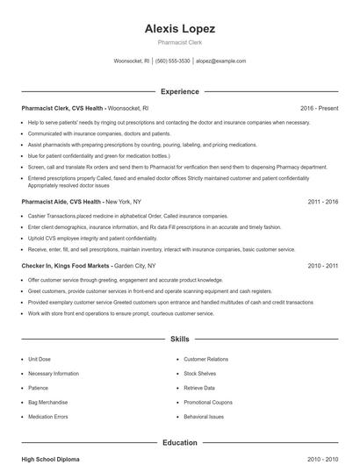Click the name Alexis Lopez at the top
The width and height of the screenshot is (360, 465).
(179, 29)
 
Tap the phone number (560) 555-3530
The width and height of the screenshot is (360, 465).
(173, 61)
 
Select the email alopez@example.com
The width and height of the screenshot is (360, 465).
(220, 61)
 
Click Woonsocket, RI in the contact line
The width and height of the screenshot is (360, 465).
(132, 61)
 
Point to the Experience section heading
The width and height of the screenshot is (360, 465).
(179, 91)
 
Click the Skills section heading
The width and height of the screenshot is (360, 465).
(179, 338)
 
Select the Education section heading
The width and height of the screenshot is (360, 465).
(179, 443)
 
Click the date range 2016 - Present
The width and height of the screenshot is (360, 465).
(319, 108)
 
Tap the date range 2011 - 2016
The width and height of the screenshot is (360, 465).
(322, 201)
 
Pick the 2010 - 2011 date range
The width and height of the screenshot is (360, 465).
(322, 265)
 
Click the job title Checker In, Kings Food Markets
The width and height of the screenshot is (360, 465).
(66, 265)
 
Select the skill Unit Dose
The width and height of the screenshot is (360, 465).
(40, 360)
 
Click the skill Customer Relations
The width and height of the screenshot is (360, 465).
(205, 360)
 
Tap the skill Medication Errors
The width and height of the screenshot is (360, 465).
(48, 417)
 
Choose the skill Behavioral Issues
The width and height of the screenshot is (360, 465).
(204, 417)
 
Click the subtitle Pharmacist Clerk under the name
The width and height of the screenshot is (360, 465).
(179, 42)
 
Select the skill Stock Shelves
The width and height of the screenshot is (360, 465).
(200, 374)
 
